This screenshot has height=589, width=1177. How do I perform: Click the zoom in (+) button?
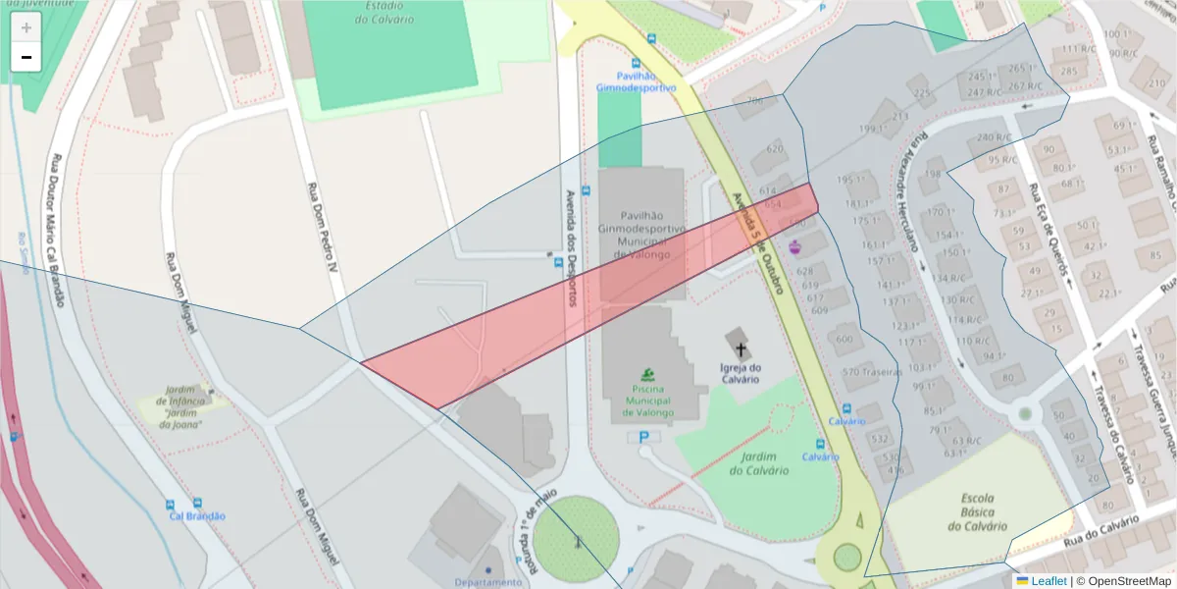[26, 27]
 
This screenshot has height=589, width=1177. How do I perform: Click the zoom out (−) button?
[26, 57]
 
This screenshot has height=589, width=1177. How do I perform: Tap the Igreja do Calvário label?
[742, 374]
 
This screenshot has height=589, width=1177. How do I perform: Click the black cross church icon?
[742, 349]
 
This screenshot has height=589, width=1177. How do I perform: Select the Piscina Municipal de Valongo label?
[647, 401]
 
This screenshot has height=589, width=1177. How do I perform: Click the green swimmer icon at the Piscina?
[647, 374]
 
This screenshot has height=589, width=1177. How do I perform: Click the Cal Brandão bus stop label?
[197, 515]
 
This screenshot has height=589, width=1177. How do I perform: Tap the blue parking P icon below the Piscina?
[643, 437]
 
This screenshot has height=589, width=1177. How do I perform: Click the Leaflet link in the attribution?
[1049, 581]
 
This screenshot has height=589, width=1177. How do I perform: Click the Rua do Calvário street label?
[1101, 527]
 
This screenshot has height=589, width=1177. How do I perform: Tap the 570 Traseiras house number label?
[872, 372]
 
